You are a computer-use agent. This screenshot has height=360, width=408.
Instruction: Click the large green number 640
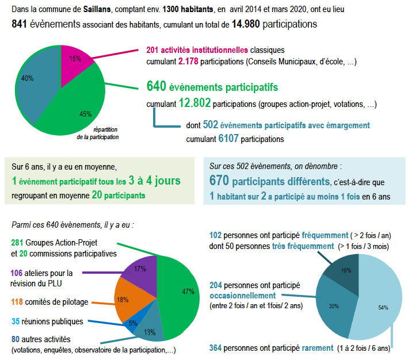[x=156, y=87]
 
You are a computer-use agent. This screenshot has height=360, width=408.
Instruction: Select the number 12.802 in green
[x=195, y=104]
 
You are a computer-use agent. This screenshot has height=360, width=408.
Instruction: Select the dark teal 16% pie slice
[x=345, y=270]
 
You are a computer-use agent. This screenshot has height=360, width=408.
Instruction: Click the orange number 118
[x=18, y=301]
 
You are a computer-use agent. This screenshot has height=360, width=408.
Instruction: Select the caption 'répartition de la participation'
[x=98, y=133]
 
